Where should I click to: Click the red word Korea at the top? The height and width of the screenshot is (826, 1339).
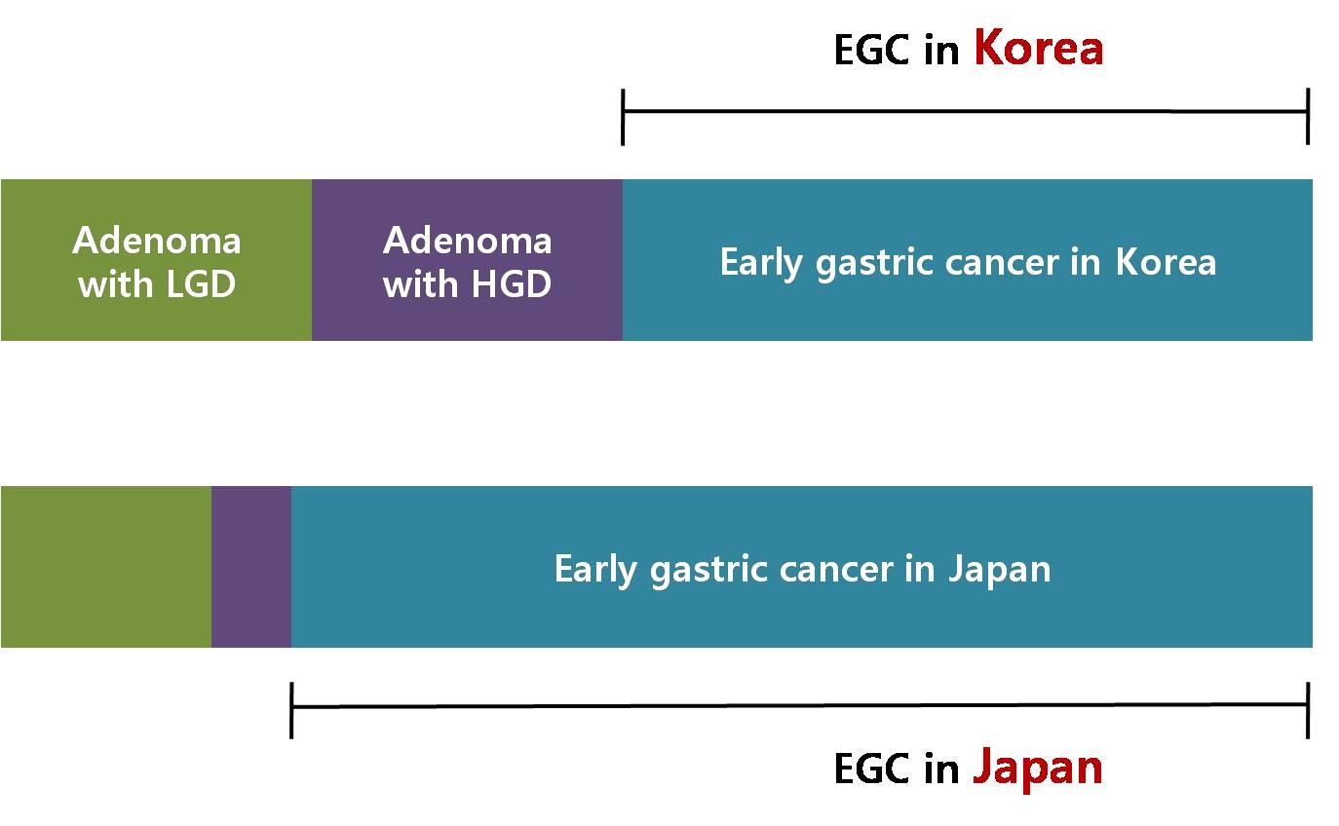click(1038, 47)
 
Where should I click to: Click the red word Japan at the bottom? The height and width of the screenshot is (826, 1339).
click(1038, 769)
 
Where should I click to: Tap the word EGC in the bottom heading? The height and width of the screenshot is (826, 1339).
click(871, 769)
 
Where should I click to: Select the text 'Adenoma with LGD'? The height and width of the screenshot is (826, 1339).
click(157, 261)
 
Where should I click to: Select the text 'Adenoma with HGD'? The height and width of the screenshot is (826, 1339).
click(468, 261)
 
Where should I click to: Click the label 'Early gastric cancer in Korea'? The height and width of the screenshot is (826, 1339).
click(969, 262)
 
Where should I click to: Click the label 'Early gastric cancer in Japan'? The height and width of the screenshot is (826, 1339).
click(802, 569)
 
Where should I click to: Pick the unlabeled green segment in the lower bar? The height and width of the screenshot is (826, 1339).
click(106, 567)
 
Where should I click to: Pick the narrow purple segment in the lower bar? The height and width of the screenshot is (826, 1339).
click(251, 567)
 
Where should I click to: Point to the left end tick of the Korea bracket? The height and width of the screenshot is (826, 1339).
click(623, 117)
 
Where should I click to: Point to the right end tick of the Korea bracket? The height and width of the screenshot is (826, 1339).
click(1309, 116)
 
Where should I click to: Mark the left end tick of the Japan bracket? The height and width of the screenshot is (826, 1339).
click(291, 710)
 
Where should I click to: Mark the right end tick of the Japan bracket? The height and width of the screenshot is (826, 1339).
click(1309, 710)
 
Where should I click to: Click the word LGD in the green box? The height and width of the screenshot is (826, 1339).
click(201, 283)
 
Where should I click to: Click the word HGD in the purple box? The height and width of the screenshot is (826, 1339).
click(512, 283)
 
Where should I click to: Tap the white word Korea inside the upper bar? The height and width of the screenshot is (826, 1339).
click(1167, 262)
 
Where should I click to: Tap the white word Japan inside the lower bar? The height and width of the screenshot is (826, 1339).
click(1000, 569)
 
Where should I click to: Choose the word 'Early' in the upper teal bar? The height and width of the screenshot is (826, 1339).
click(761, 263)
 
